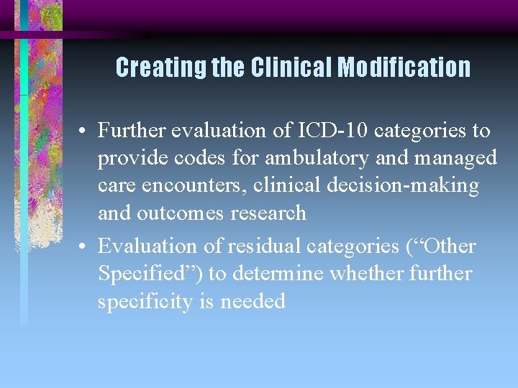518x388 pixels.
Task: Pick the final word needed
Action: [253, 302]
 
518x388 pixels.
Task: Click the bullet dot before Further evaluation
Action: [84, 131]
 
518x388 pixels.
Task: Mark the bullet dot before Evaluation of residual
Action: [84, 247]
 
